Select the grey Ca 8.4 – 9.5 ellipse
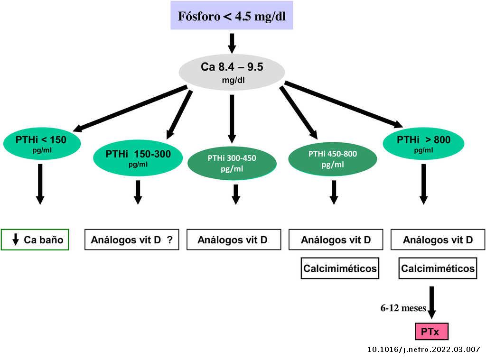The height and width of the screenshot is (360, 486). (x=232, y=72)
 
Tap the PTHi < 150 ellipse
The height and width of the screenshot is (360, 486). (x=42, y=143)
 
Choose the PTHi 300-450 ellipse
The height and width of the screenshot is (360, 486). (x=232, y=162)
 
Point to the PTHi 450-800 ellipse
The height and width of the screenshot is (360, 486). (x=333, y=158)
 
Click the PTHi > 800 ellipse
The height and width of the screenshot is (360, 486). (x=423, y=143)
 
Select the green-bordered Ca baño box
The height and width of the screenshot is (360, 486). (x=35, y=240)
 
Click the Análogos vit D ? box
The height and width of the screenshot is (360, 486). (x=131, y=240)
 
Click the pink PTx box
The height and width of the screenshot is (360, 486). (x=431, y=331)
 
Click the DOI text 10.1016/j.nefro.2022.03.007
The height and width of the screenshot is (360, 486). (x=424, y=350)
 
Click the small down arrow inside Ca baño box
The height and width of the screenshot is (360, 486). (x=16, y=240)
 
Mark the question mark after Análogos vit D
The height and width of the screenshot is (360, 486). (x=169, y=240)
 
